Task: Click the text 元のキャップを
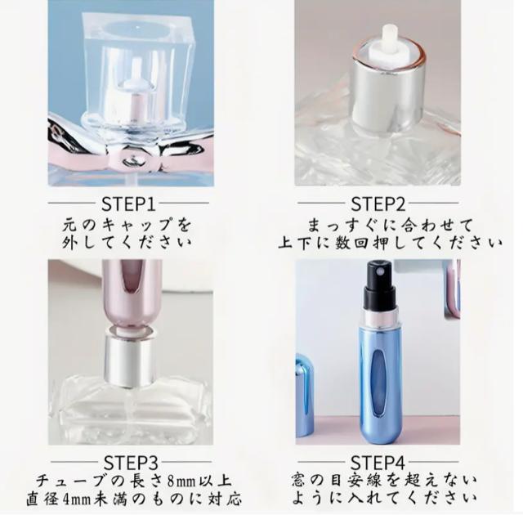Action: coord(131,223)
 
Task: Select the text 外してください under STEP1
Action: coord(131,242)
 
